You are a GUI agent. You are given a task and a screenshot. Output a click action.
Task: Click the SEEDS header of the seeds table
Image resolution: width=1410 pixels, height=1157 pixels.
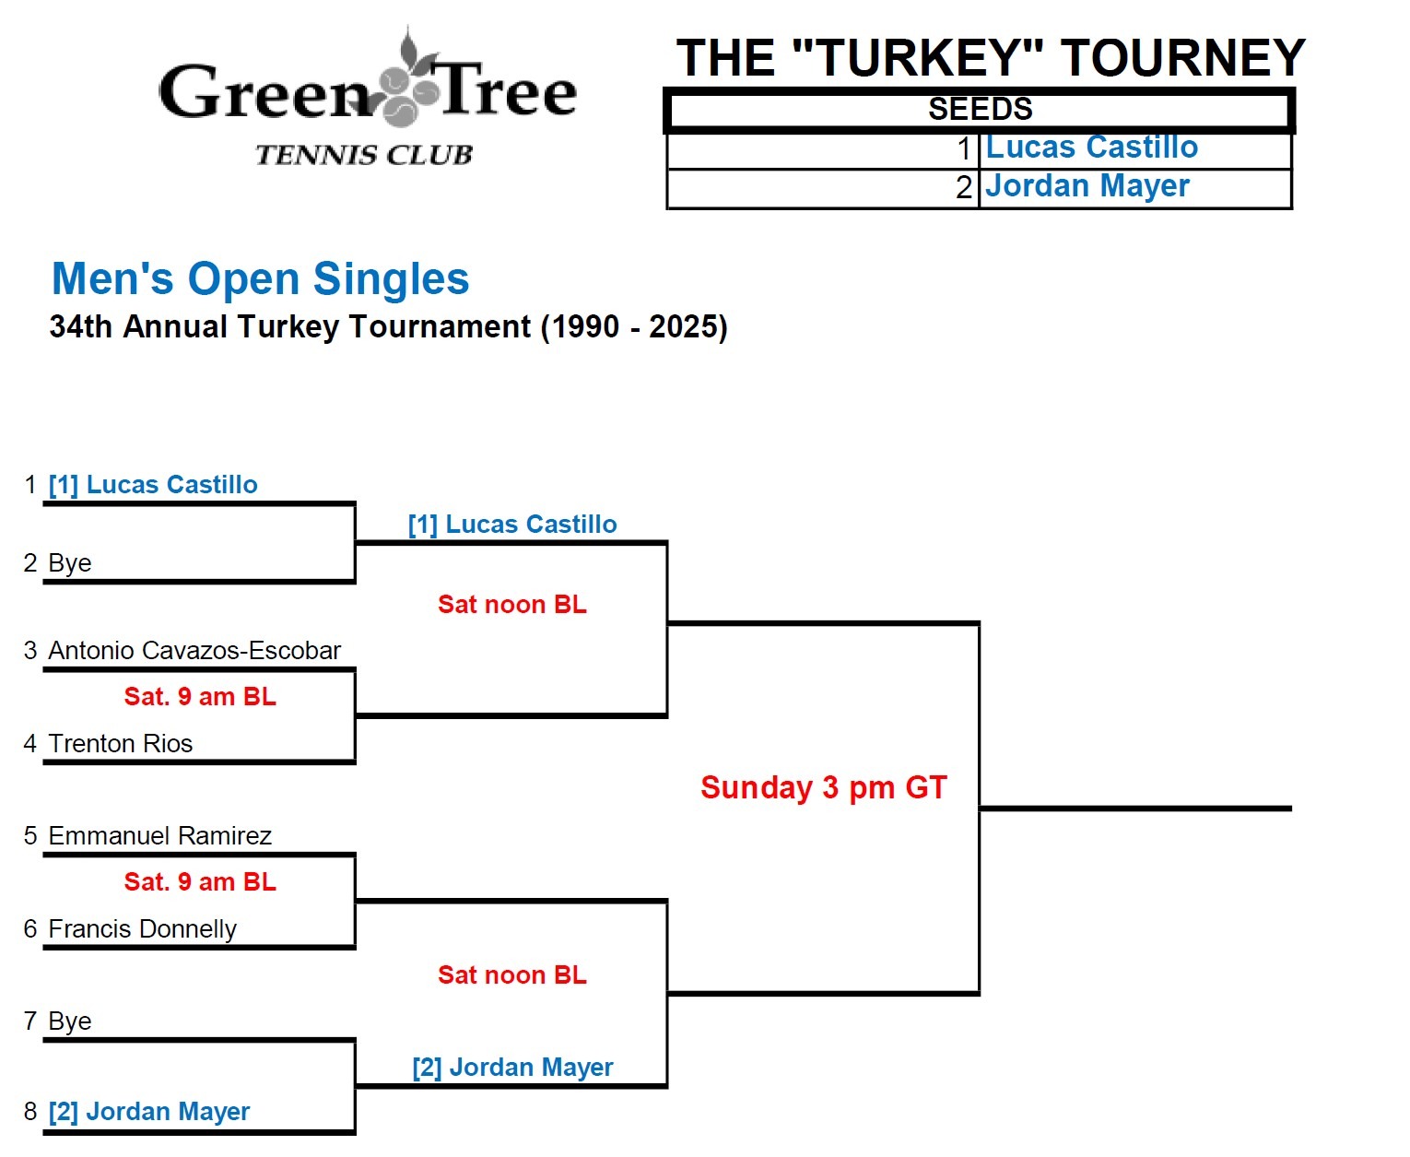(x=980, y=110)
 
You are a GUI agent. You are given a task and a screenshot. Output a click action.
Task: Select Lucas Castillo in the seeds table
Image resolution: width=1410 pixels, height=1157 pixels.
(x=1091, y=148)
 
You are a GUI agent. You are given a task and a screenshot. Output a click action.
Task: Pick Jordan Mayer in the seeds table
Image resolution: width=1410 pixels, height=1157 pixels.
(x=1087, y=186)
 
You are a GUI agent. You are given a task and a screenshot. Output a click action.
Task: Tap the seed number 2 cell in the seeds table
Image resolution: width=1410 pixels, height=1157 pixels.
(x=964, y=187)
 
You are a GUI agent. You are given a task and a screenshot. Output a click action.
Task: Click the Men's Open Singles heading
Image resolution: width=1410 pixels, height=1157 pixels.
(x=261, y=278)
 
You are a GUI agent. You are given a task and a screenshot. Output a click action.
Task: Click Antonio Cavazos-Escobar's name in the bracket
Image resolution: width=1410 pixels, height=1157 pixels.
(x=194, y=651)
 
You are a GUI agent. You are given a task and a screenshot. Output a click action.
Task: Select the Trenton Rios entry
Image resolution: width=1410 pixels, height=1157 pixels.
(x=121, y=744)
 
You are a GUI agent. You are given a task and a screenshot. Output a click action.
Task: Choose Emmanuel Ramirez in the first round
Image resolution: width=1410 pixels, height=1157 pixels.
(x=160, y=836)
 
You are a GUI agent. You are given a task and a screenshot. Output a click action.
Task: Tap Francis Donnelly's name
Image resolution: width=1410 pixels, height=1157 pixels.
(x=143, y=929)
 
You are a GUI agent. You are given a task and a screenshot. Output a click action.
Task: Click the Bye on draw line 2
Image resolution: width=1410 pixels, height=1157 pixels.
(x=70, y=563)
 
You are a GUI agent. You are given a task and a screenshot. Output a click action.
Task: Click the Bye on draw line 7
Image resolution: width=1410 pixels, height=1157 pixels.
(x=70, y=1021)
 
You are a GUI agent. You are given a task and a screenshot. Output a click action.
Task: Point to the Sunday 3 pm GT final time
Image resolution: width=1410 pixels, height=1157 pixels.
(x=824, y=788)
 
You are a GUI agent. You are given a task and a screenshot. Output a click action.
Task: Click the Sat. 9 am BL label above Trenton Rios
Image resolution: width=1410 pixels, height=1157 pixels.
(x=200, y=697)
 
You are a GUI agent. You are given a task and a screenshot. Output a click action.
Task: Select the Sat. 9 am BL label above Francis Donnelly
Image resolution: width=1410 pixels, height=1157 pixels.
(x=200, y=882)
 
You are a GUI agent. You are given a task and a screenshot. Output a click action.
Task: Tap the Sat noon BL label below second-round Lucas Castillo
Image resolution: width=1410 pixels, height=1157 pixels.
(x=512, y=605)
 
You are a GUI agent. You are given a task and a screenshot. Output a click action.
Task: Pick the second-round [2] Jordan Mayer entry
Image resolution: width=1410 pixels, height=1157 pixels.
(x=512, y=1068)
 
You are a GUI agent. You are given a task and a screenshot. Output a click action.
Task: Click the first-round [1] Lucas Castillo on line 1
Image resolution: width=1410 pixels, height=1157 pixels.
(x=153, y=485)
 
